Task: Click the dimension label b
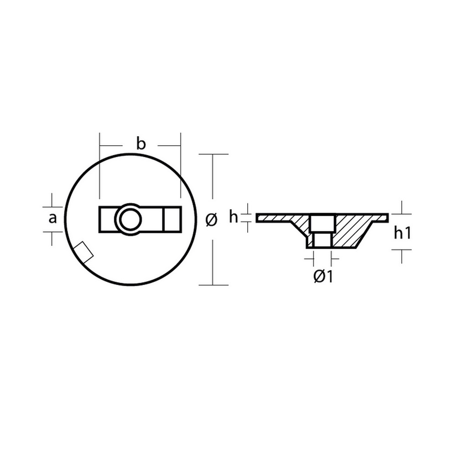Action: [x=141, y=144]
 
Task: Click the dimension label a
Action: [x=53, y=218]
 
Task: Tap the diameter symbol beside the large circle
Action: [x=211, y=219]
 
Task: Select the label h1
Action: [x=403, y=233]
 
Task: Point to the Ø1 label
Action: [x=323, y=276]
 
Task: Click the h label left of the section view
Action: [x=234, y=217]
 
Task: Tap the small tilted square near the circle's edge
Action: [x=83, y=252]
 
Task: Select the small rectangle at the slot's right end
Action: [x=173, y=219]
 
